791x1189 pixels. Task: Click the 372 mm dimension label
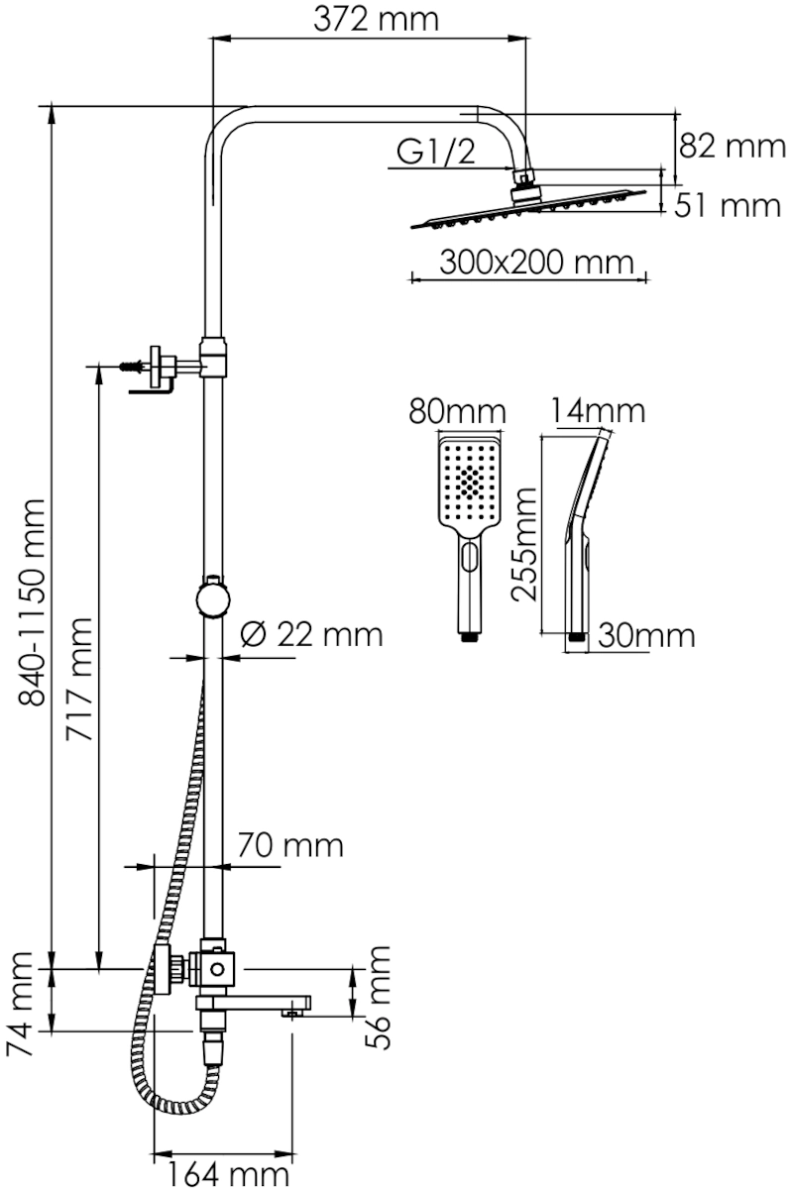(376, 20)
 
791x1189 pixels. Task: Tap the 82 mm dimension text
(733, 146)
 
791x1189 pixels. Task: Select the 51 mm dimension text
(728, 205)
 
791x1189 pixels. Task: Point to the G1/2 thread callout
(436, 153)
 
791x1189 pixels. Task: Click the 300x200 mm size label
(537, 262)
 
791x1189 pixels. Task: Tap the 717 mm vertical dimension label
(78, 679)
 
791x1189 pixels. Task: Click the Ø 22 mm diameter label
(311, 634)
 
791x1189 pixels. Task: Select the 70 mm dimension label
(290, 845)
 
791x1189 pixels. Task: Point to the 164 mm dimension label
(228, 1175)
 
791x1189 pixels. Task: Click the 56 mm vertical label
(378, 998)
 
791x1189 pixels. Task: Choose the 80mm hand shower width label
(457, 411)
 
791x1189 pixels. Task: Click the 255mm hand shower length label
(524, 544)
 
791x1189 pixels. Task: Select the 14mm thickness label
(598, 410)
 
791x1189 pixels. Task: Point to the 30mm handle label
(646, 635)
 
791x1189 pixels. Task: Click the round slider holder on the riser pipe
(213, 598)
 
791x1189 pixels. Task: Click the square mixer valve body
(217, 969)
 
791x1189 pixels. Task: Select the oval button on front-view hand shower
(469, 557)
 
